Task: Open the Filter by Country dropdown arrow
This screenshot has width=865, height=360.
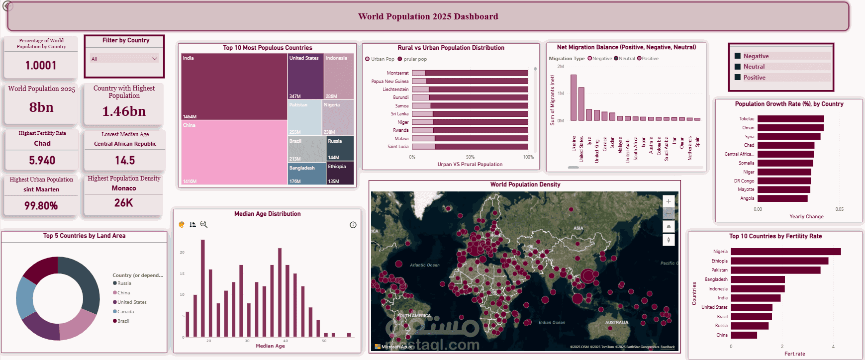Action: click(x=154, y=59)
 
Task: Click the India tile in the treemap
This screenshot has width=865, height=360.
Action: click(x=234, y=87)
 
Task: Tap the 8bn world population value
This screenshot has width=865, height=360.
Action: click(x=41, y=107)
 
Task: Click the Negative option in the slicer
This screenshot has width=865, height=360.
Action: click(x=756, y=56)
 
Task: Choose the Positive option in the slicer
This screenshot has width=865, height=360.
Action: click(x=754, y=78)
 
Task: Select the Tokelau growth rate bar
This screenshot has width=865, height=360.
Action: click(x=790, y=119)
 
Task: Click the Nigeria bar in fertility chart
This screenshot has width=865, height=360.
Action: click(x=785, y=252)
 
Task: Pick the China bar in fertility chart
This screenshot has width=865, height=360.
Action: click(x=744, y=335)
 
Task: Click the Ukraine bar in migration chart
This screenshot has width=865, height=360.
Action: click(x=574, y=97)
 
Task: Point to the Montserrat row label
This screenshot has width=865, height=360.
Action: click(x=397, y=73)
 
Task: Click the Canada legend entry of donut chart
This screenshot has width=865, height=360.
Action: click(x=125, y=312)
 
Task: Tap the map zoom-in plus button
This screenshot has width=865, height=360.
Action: click(x=669, y=201)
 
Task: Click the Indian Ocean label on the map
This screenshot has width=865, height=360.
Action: click(x=552, y=323)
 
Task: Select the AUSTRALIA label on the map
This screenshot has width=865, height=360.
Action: click(x=616, y=323)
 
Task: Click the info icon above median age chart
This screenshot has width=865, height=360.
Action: click(x=353, y=225)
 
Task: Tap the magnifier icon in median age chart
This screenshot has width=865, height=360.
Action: click(x=203, y=225)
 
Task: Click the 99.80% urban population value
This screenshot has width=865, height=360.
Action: click(x=41, y=206)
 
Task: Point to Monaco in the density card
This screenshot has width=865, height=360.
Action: click(x=124, y=188)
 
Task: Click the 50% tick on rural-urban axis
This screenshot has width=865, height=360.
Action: click(x=470, y=157)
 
